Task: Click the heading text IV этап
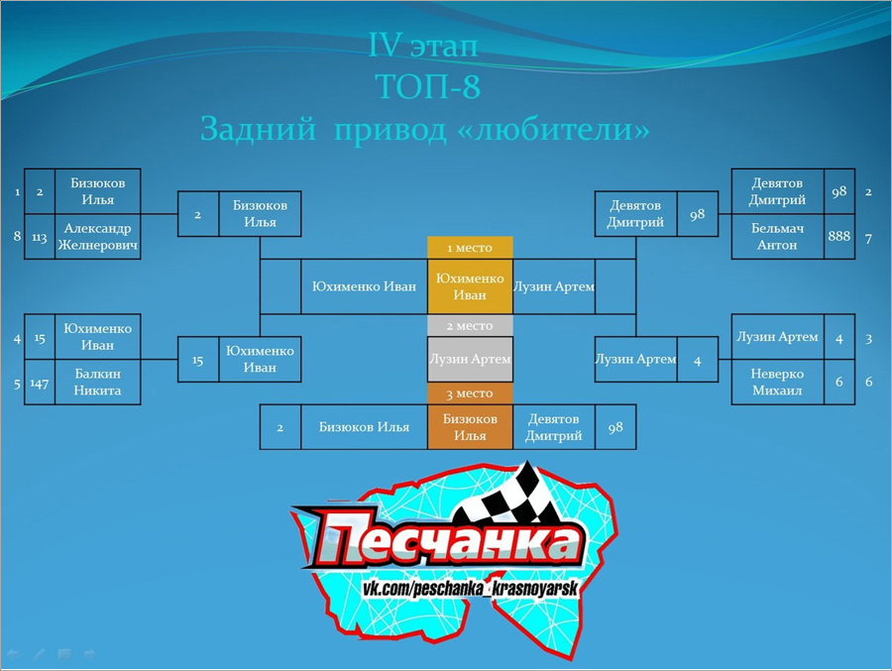(x=422, y=45)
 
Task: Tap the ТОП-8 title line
(x=428, y=86)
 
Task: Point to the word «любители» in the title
(x=553, y=129)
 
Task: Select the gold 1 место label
(x=470, y=248)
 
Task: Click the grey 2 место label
(x=470, y=325)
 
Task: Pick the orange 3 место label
(x=470, y=393)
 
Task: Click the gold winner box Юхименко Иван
(x=470, y=286)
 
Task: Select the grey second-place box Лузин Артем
(x=470, y=359)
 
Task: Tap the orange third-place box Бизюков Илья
(x=470, y=427)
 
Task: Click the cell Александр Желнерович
(x=97, y=237)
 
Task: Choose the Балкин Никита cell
(x=97, y=382)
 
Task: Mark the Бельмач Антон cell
(x=777, y=237)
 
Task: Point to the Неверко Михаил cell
(x=777, y=382)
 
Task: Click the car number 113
(x=40, y=237)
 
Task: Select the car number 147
(x=40, y=384)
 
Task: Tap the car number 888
(x=839, y=236)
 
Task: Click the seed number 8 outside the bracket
(x=17, y=236)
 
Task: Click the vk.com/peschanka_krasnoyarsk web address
(x=470, y=588)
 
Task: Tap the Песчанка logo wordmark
(x=441, y=539)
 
